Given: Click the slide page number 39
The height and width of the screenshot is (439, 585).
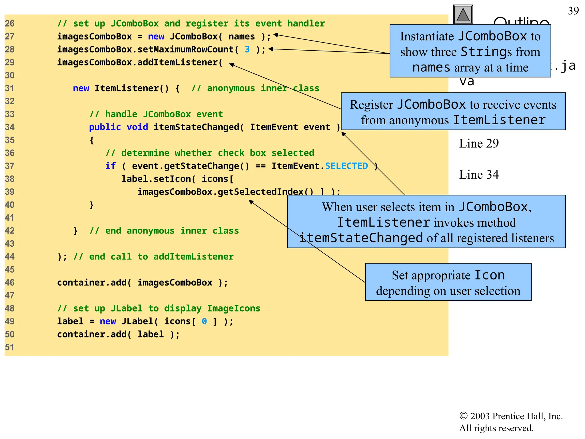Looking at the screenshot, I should (x=573, y=11).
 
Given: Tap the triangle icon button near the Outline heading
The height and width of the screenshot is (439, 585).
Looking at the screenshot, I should (x=463, y=15).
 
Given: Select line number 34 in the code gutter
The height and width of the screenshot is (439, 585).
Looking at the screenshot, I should (x=10, y=127).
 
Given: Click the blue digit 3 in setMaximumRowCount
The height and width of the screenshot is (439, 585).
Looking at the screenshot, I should (x=247, y=49).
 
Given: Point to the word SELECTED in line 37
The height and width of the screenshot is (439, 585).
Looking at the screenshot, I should (x=346, y=166).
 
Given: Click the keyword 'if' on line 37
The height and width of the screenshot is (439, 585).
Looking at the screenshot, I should (x=110, y=166).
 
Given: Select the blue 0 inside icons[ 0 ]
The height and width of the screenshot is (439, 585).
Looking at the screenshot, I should (x=204, y=321).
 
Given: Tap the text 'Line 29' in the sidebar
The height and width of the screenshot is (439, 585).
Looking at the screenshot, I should (x=479, y=143).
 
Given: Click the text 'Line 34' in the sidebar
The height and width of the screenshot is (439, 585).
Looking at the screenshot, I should (x=479, y=175).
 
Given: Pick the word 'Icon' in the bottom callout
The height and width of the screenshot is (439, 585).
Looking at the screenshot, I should (x=489, y=275).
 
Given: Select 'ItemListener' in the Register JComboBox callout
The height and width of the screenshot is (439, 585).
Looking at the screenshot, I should (x=499, y=120).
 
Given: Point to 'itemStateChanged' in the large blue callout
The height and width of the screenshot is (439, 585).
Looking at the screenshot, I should (x=361, y=238).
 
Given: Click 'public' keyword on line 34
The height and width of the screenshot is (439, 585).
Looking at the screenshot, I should (x=105, y=127).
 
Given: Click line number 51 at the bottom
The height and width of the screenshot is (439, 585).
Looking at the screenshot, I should (x=10, y=347).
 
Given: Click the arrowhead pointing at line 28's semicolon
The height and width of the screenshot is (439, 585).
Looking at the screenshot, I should (x=271, y=49).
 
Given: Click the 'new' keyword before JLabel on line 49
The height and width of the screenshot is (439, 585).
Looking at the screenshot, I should (x=108, y=321).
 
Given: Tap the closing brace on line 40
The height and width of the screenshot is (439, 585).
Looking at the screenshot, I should (x=92, y=205).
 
